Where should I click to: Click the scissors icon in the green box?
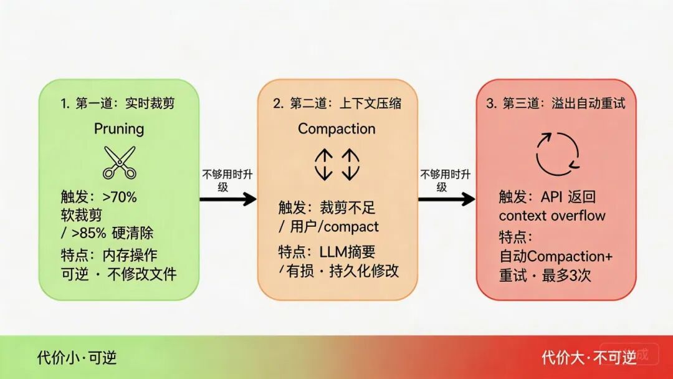(119, 162)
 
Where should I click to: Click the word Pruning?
(119, 128)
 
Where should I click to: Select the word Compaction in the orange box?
(336, 128)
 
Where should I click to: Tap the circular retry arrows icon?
(558, 153)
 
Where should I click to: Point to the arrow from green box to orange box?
(227, 199)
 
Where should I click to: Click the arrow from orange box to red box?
(446, 199)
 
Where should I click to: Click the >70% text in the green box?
(120, 198)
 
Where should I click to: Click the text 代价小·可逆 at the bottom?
(77, 357)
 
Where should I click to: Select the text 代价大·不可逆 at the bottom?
(589, 357)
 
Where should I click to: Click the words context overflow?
(552, 216)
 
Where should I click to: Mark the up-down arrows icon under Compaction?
(336, 163)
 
